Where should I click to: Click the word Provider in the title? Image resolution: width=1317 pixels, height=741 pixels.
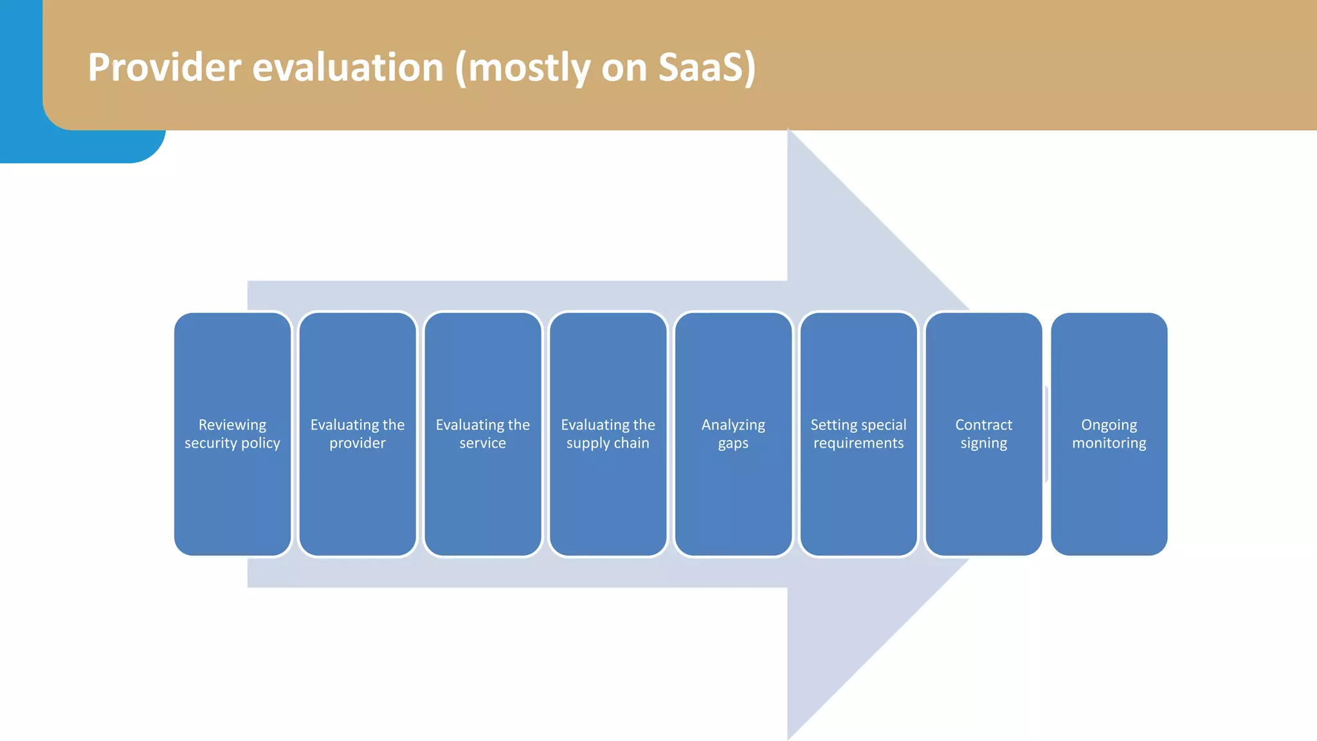[165, 67]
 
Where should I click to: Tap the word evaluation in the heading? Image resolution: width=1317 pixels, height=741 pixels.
[348, 67]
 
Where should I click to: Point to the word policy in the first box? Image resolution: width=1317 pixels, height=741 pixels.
[260, 444]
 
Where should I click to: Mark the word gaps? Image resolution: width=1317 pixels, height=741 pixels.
[733, 444]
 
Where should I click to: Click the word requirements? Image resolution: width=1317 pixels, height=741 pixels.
[858, 443]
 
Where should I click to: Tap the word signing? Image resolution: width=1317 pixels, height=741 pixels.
[983, 444]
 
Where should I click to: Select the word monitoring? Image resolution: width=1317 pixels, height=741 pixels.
[1109, 443]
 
